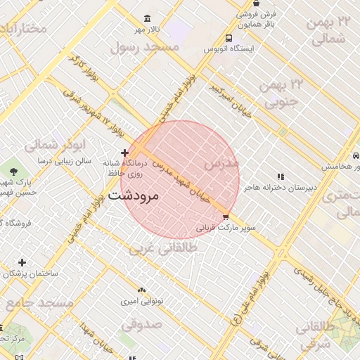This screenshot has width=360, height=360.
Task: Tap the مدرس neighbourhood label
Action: click(x=221, y=162)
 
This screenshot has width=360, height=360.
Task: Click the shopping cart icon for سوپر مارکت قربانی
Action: click(x=226, y=217)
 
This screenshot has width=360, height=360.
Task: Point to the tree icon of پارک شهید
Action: click(x=13, y=171)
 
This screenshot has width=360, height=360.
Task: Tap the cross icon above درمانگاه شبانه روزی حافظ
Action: click(x=124, y=153)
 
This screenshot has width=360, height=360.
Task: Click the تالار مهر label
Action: click(x=149, y=30)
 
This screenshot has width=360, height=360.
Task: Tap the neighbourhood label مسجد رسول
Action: click(x=146, y=46)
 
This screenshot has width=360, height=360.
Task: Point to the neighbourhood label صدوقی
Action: click(x=141, y=324)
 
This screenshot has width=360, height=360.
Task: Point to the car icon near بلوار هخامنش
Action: click(x=356, y=155)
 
